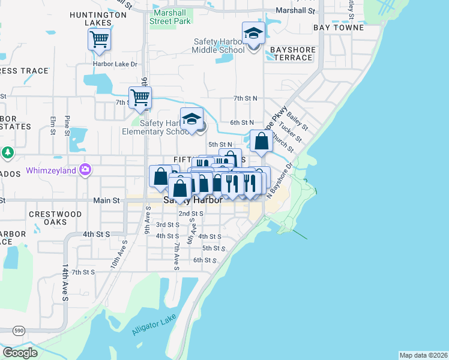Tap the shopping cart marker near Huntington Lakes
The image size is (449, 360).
point(99,40)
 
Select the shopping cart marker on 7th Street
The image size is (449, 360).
point(140,97)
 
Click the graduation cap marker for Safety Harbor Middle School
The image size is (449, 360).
point(253,34)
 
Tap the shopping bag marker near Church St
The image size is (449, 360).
point(261,142)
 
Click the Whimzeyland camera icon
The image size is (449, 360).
point(86,170)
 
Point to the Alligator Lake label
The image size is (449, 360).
point(154,325)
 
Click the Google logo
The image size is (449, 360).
point(20,353)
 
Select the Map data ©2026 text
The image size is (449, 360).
point(423,355)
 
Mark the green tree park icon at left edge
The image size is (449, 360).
point(7,153)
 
